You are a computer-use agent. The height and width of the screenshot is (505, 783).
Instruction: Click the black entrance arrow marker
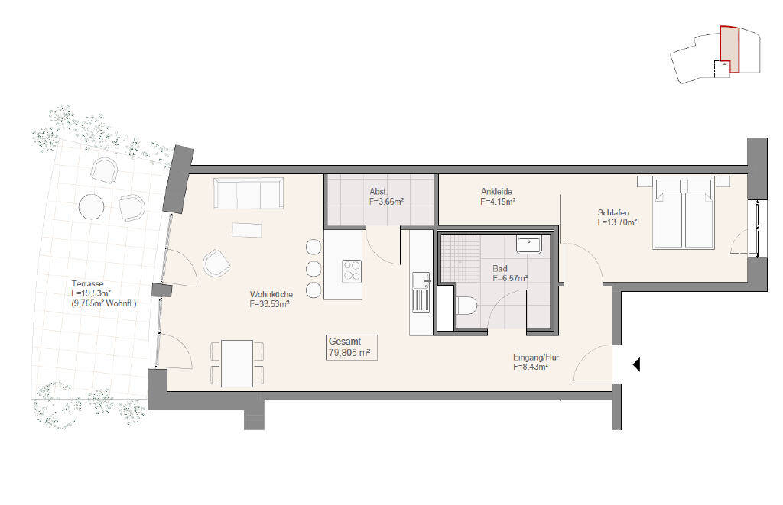tap(636, 366)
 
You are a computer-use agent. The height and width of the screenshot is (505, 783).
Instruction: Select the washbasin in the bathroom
tap(529, 245)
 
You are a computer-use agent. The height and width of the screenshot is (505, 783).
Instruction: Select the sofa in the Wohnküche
tap(249, 193)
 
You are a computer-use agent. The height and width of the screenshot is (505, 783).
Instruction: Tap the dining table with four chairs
tap(237, 362)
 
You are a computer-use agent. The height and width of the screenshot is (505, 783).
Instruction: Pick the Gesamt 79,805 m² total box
tap(351, 348)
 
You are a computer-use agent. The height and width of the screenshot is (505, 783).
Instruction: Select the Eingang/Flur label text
tap(535, 361)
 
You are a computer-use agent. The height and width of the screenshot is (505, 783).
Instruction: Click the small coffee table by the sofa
tap(247, 229)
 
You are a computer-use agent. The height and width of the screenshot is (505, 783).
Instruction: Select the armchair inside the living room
tap(216, 264)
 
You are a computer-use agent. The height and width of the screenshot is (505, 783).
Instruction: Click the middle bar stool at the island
tap(314, 268)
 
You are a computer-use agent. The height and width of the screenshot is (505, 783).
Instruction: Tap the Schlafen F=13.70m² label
tap(618, 218)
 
